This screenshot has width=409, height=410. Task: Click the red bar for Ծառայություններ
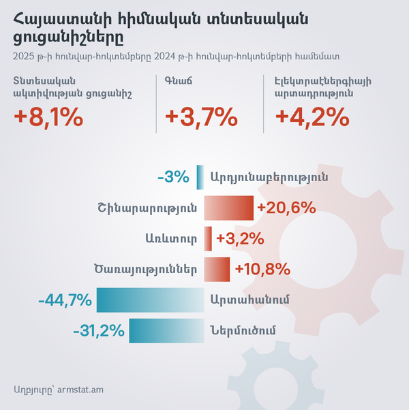point(217,268)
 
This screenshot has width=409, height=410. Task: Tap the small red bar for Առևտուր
point(208,238)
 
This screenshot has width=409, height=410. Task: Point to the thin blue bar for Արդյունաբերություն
point(200,177)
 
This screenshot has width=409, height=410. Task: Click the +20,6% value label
point(286,207)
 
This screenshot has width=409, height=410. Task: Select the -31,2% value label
point(98,331)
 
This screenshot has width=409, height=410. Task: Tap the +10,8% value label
point(263,268)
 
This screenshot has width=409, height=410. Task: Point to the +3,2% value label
point(240,238)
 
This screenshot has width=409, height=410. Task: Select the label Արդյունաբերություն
point(270,177)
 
